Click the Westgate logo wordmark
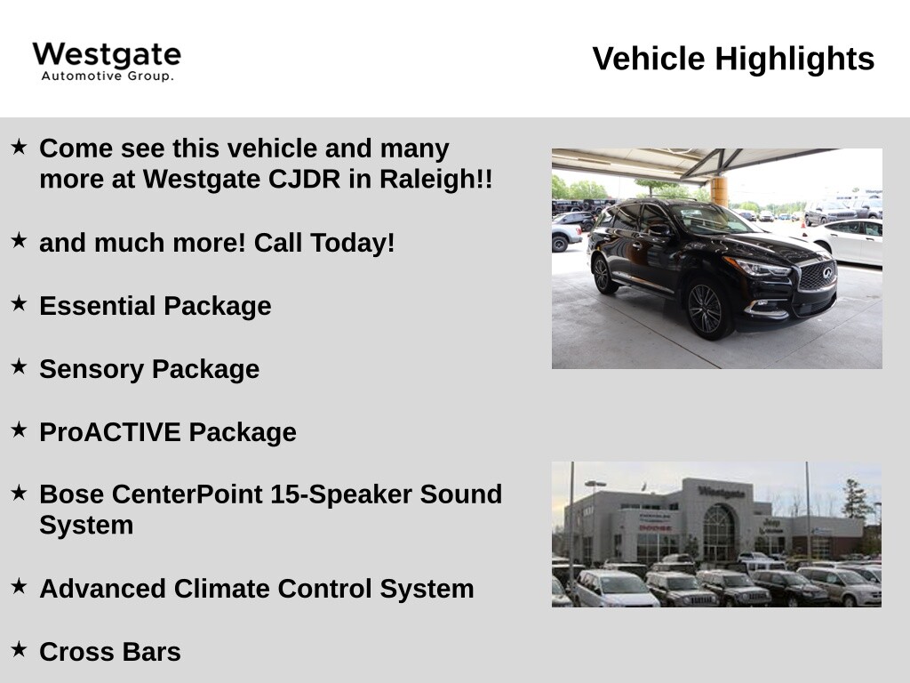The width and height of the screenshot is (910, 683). coord(107,54)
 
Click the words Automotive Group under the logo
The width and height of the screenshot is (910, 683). coord(108,76)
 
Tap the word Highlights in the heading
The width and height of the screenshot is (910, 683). coord(794,59)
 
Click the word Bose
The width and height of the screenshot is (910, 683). coord(72,494)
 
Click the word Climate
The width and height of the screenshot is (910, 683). coord(221,589)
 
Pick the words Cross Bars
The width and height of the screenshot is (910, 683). coord(110,652)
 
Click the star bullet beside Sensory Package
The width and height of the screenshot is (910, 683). coord(20,366)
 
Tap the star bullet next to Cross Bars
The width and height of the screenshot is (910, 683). coord(20,648)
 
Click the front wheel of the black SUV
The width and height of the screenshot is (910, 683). coord(706,309)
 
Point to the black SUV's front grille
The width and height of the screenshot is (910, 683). coord(818,276)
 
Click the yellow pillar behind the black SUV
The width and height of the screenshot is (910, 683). coord(719,191)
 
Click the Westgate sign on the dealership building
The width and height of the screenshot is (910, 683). coord(722,493)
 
